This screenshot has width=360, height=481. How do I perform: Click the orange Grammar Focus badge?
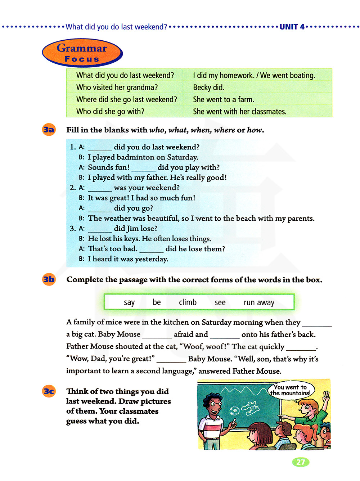[82, 53]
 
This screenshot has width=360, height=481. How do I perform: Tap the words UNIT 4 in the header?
[292, 27]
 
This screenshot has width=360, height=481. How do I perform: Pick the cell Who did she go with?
[110, 112]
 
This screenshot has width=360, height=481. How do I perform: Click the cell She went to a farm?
[224, 99]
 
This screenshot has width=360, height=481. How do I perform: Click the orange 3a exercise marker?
[49, 130]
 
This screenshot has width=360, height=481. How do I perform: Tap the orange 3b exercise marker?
[49, 279]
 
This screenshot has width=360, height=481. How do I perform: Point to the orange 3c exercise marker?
[49, 391]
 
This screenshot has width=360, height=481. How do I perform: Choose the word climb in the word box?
[188, 302]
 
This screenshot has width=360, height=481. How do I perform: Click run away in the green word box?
[259, 303]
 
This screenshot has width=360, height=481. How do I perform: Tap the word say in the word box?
[129, 302]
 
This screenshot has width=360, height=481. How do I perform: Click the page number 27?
[301, 462]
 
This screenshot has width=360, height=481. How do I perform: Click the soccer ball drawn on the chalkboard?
[234, 411]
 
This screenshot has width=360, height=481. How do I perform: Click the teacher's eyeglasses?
[216, 404]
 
